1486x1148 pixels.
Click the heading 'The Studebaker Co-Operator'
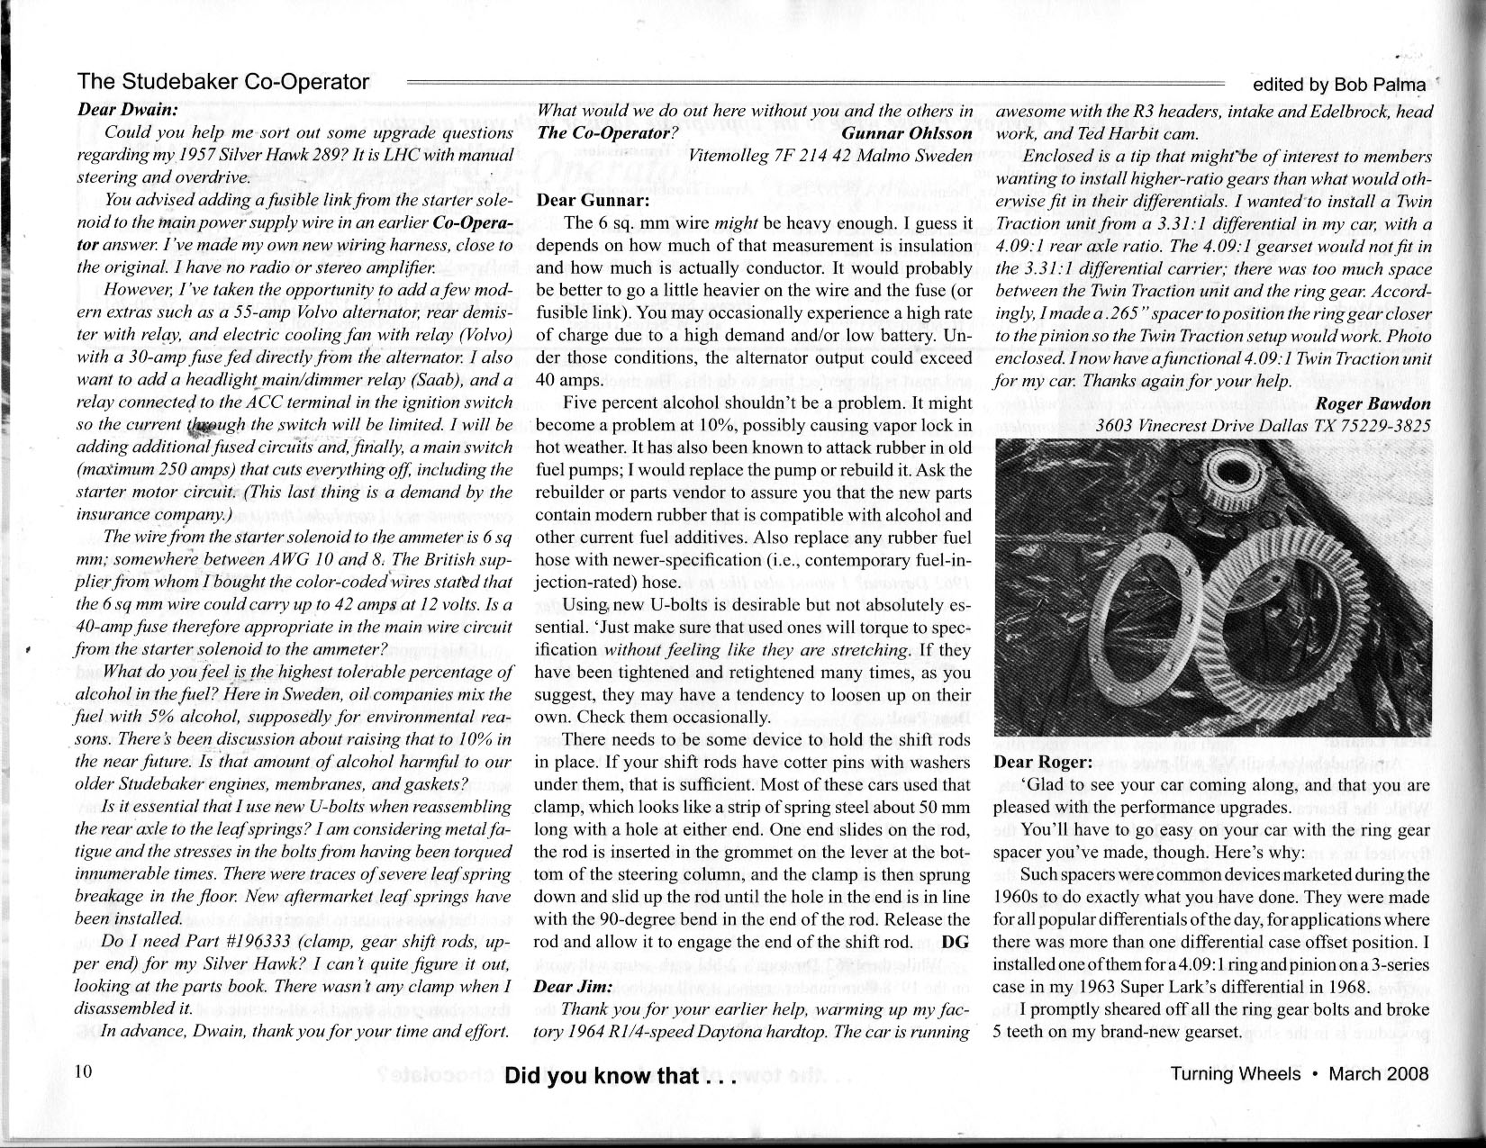click(223, 82)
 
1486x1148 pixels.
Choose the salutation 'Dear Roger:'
click(1042, 763)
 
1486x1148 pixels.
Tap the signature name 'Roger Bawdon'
click(1373, 402)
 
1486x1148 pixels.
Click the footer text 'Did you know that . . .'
click(621, 1076)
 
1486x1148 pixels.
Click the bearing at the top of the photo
click(1235, 478)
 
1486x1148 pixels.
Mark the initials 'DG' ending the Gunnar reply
click(959, 942)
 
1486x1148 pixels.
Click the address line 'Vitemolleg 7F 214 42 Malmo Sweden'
click(829, 155)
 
